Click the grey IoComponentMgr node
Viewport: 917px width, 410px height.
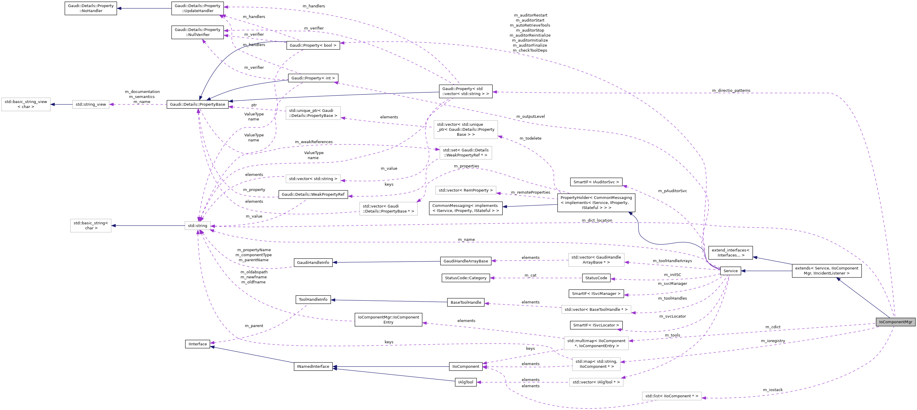click(895, 322)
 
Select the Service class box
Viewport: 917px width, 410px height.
click(730, 271)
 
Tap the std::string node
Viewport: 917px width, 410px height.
click(197, 226)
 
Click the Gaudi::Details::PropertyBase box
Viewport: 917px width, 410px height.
click(197, 104)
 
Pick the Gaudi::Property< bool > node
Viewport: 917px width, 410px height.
click(313, 45)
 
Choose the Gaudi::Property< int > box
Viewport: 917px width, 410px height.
click(313, 78)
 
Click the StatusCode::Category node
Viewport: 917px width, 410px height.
click(466, 278)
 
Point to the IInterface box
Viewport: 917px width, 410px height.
click(197, 344)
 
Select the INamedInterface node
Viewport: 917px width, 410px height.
click(313, 367)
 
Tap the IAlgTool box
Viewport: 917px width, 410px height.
click(466, 382)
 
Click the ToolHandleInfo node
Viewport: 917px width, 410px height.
click(313, 300)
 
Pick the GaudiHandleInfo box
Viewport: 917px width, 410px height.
click(313, 262)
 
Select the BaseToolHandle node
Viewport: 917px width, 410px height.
click(466, 302)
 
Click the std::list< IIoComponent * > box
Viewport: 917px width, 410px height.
click(672, 396)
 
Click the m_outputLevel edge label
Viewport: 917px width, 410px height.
click(530, 117)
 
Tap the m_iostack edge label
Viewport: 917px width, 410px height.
click(773, 390)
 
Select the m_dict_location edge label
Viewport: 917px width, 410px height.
click(597, 220)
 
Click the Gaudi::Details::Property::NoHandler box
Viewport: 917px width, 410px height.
click(91, 8)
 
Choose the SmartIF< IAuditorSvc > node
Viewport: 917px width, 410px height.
click(596, 182)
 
